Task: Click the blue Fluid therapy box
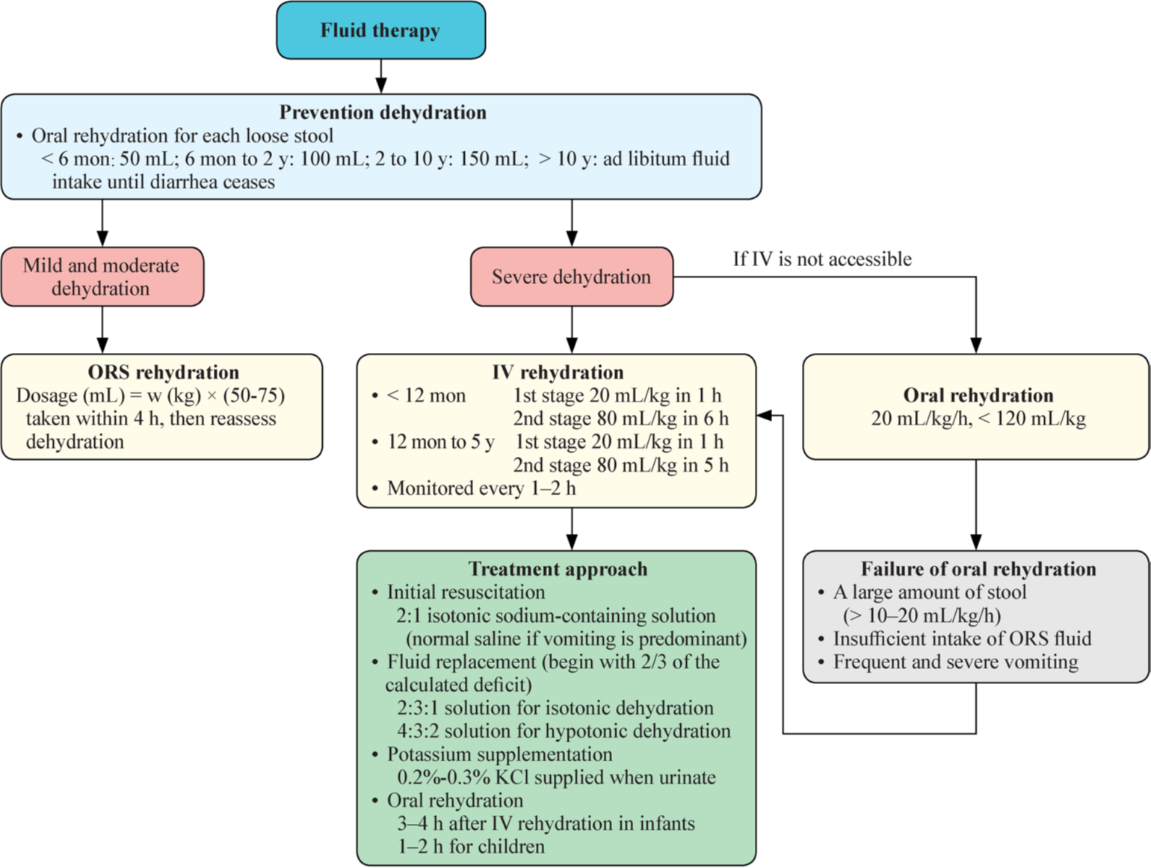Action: pos(380,31)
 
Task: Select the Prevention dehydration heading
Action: pos(383,112)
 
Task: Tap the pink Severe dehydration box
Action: pos(571,277)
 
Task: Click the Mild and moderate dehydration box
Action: pos(102,277)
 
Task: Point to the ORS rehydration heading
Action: pos(163,372)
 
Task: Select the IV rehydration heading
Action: pos(558,372)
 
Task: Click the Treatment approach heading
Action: pos(558,569)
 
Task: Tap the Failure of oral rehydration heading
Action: pos(978,569)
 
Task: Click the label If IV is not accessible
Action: pos(821,259)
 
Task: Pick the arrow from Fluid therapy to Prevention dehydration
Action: pos(381,76)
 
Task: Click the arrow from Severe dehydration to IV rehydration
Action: pos(572,330)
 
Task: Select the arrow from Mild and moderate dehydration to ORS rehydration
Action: pos(102,330)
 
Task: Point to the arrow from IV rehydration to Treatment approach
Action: pos(572,529)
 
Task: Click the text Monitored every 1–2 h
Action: pos(481,488)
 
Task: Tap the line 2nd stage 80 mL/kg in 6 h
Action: pos(620,419)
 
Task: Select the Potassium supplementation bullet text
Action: pos(499,754)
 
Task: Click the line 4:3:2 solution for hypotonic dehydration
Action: pos(564,731)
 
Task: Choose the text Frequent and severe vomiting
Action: pos(955,662)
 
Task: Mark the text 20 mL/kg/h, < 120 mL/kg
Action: pos(978,419)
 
